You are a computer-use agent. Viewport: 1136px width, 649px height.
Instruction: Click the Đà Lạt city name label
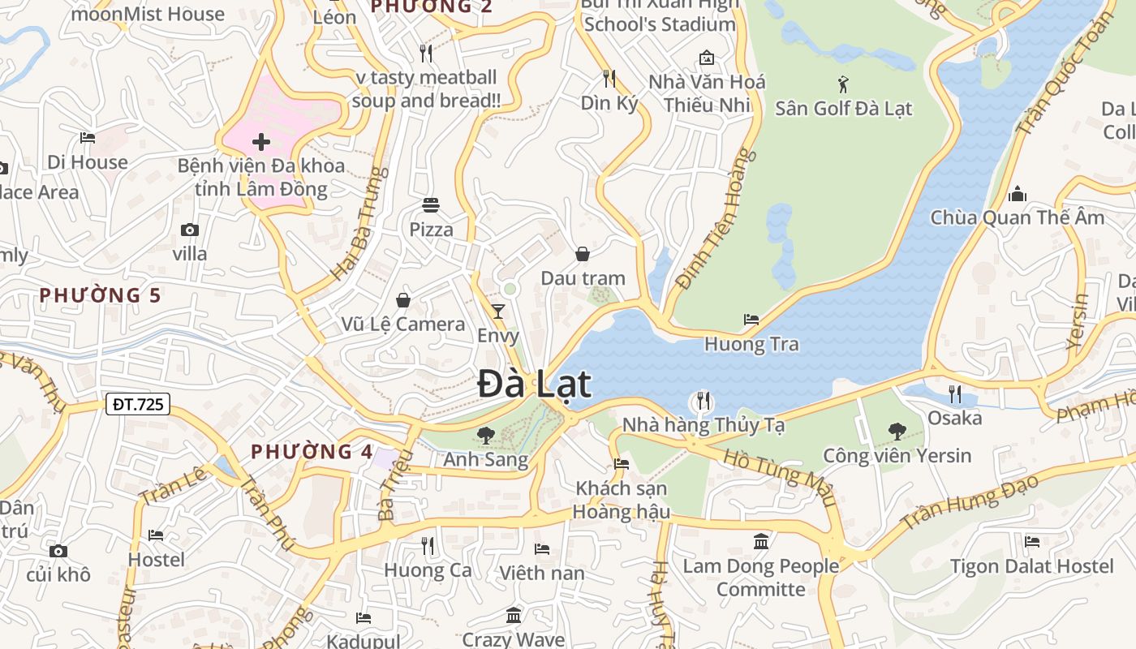coord(534,384)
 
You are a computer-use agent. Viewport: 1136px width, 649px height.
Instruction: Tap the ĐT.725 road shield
coord(137,403)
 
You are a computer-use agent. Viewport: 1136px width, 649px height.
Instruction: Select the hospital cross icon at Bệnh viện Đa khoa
coord(261,143)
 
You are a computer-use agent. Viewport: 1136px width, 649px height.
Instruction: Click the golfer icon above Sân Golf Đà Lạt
coord(844,84)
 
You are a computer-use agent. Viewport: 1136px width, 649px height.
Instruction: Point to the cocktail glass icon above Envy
coord(498,311)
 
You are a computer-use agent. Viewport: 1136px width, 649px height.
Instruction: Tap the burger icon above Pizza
coord(431,205)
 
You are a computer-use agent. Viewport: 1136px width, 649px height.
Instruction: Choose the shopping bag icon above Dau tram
coord(583,254)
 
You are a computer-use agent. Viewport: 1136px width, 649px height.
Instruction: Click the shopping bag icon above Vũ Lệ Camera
coord(403,300)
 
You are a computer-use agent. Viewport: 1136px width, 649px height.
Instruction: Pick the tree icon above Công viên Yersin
coord(897,431)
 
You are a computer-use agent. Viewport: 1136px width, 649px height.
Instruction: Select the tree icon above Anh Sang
coord(486,436)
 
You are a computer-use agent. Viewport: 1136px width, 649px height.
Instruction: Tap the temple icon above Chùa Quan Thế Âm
coord(1017,194)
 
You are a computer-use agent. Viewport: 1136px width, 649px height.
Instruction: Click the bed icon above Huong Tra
coord(751,320)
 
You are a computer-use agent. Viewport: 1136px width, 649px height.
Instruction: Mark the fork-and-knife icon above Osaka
coord(955,394)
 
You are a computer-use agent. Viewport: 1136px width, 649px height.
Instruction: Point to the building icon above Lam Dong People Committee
coord(761,541)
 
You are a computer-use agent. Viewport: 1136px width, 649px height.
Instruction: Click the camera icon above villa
coord(190,230)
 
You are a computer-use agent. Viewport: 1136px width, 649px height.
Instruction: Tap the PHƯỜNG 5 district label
coord(101,295)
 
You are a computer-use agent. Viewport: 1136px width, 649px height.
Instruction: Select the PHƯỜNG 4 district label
coord(312,452)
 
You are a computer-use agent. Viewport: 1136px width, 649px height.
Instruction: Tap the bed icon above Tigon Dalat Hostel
coord(1032,541)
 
